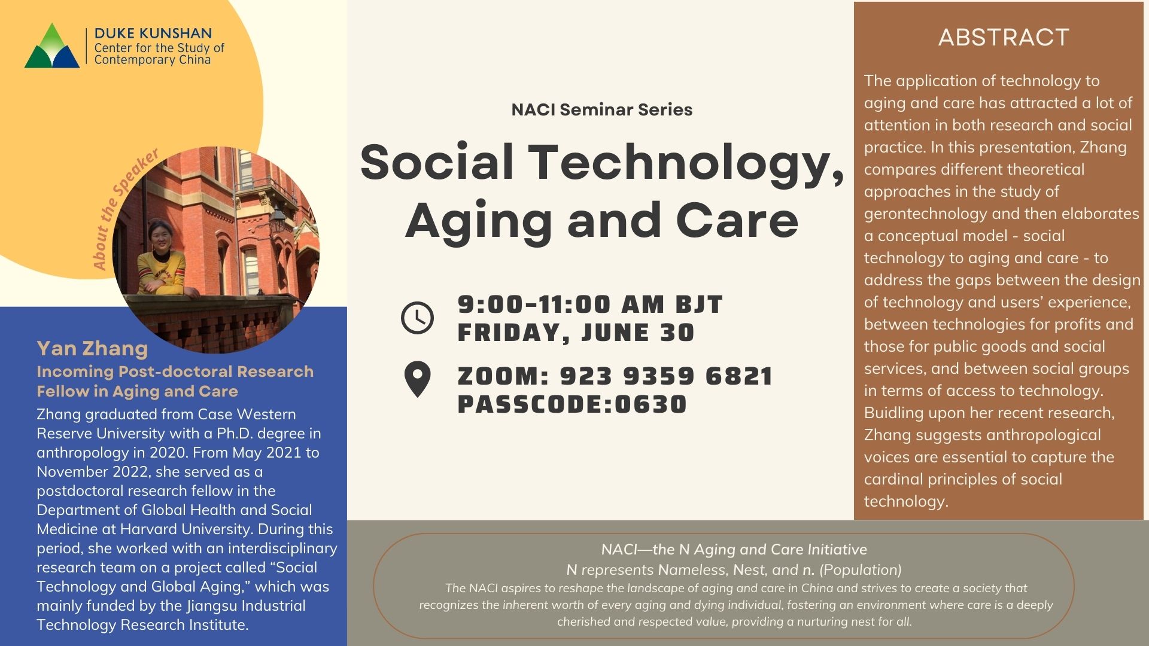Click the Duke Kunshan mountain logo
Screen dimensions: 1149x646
click(52, 46)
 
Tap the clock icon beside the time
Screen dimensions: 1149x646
click(417, 318)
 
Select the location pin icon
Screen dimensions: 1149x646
click(417, 380)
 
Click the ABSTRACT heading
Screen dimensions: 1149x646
click(1004, 37)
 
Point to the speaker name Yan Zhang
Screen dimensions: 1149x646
click(92, 348)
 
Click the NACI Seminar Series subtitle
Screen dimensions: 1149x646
click(602, 109)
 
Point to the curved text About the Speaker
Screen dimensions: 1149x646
click(124, 209)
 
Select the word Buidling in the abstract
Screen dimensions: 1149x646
click(894, 413)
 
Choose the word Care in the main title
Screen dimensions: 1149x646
click(737, 221)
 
